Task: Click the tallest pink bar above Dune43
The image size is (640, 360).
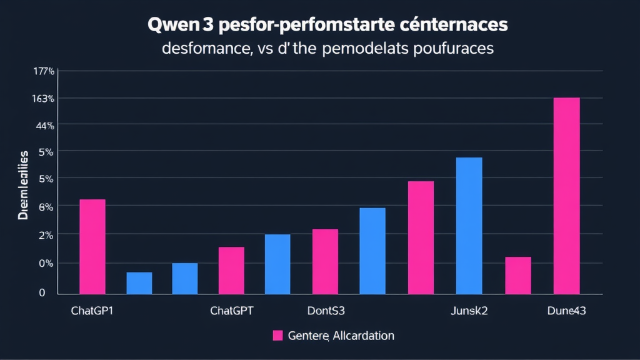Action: [x=566, y=196]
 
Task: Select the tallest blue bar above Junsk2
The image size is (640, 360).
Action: [x=469, y=226]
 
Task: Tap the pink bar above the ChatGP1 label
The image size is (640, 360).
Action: [x=92, y=246]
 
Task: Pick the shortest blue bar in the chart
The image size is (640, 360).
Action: [x=139, y=283]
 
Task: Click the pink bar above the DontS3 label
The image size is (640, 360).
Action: [x=325, y=261]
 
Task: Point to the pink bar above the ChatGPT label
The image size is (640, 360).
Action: [x=231, y=270]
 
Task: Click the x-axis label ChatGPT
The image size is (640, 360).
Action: [x=232, y=311]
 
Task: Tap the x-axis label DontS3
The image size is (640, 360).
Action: [x=326, y=311]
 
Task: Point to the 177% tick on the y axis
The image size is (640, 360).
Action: [x=44, y=71]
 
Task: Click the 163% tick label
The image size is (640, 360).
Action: [x=44, y=99]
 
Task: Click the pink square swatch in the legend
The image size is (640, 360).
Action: [x=278, y=336]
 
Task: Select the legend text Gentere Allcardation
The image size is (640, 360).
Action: [x=341, y=336]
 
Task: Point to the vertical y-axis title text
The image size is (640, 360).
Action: [x=23, y=186]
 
